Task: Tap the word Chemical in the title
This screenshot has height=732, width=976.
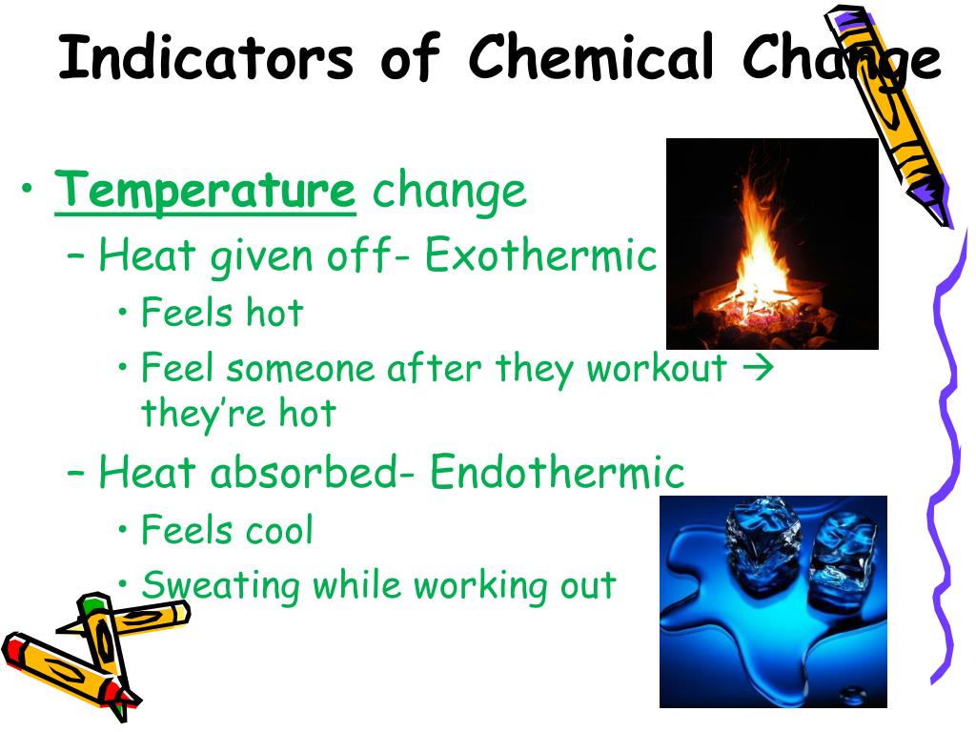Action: tap(590, 59)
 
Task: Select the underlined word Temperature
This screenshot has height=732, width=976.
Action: tap(205, 191)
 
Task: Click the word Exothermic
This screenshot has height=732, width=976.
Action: tap(540, 256)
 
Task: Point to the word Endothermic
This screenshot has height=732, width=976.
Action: tap(558, 473)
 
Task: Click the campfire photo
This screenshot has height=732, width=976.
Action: tap(771, 243)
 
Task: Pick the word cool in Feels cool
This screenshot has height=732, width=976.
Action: tap(277, 531)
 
